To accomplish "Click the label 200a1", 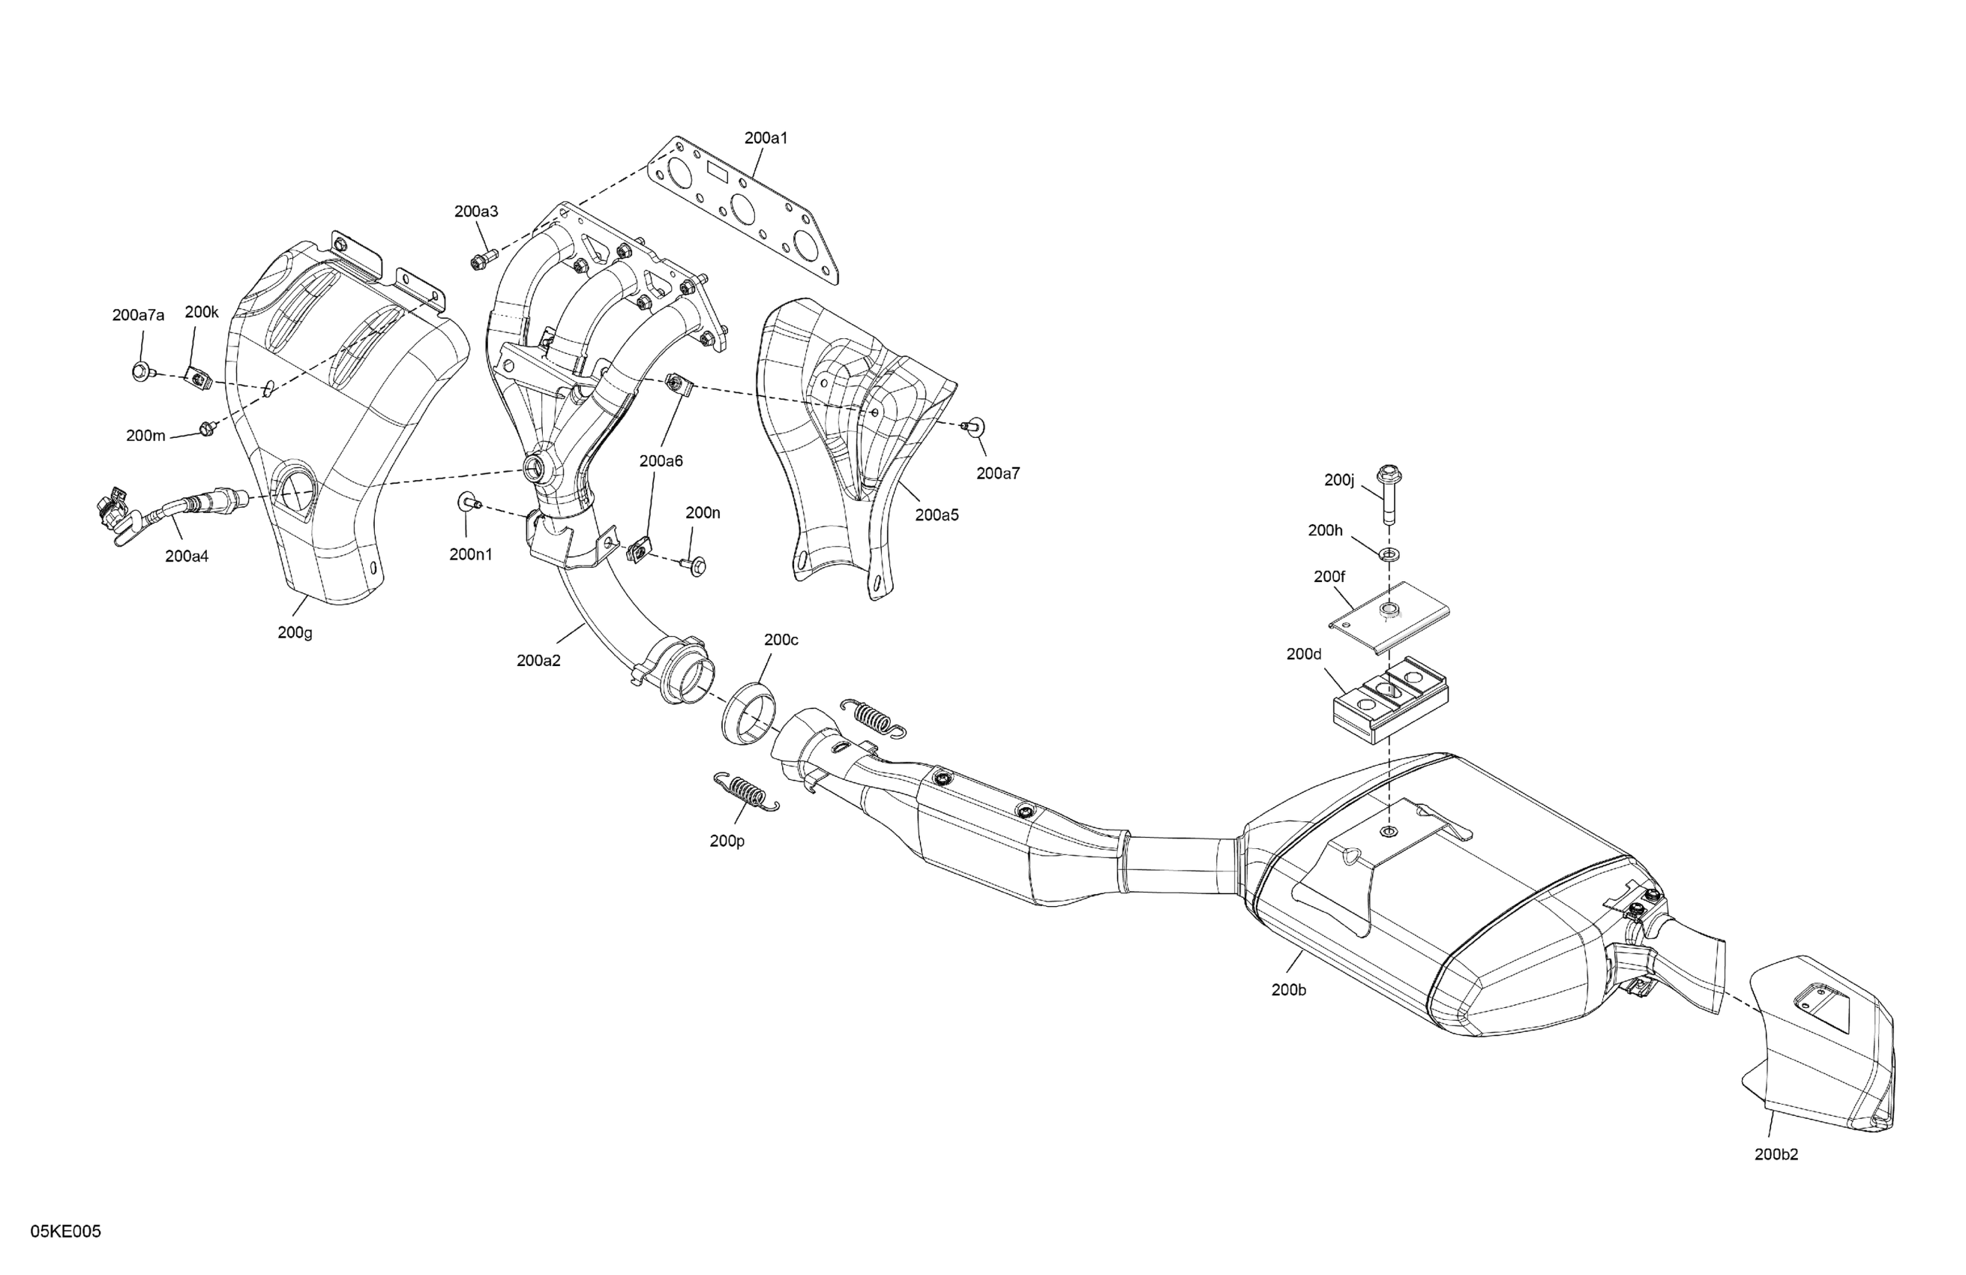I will pyautogui.click(x=765, y=138).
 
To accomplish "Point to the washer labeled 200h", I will pyautogui.click(x=1390, y=552).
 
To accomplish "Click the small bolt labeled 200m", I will pyautogui.click(x=205, y=428).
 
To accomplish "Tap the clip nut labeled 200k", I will pyautogui.click(x=199, y=379).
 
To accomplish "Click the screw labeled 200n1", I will pyautogui.click(x=469, y=501).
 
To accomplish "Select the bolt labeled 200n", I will pyautogui.click(x=695, y=566).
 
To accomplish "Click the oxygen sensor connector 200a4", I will pyautogui.click(x=112, y=514).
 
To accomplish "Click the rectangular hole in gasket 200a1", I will pyautogui.click(x=715, y=173).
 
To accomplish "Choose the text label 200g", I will pyautogui.click(x=294, y=633).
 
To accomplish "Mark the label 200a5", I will pyautogui.click(x=937, y=514).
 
